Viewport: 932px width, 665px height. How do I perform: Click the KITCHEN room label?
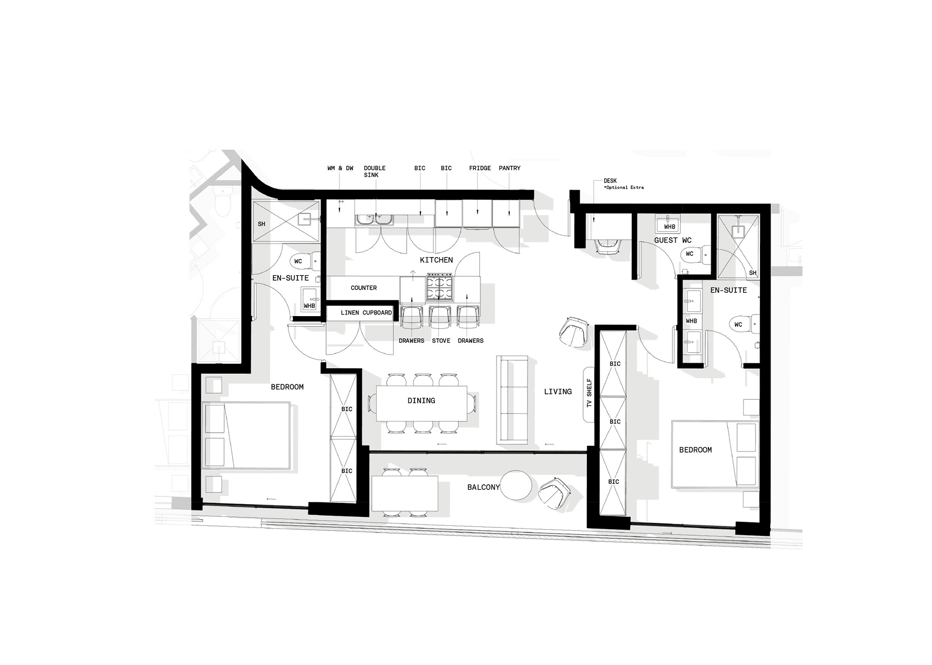[x=436, y=260]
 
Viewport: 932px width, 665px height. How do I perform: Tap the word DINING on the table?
[x=421, y=400]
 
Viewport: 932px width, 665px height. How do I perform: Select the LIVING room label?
[x=558, y=392]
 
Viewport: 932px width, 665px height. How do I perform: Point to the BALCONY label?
[x=483, y=487]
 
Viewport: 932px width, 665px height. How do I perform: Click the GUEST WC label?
[x=673, y=240]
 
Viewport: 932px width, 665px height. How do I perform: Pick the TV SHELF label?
[x=589, y=392]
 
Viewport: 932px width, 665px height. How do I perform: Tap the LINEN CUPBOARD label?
[x=366, y=313]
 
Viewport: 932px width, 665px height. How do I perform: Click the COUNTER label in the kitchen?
[x=364, y=288]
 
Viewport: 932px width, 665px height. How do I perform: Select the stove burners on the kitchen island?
[x=439, y=287]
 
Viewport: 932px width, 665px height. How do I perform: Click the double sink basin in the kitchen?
[x=374, y=220]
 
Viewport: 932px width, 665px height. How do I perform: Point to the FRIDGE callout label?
[x=480, y=168]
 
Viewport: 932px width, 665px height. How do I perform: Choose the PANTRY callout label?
[x=509, y=168]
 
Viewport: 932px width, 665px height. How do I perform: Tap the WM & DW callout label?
[x=340, y=168]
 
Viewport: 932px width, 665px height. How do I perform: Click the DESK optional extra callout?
[x=624, y=184]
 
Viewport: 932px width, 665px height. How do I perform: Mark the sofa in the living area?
[x=511, y=400]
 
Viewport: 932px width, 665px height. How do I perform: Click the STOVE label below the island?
[x=441, y=341]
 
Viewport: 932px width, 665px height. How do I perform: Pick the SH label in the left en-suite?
[x=261, y=224]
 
